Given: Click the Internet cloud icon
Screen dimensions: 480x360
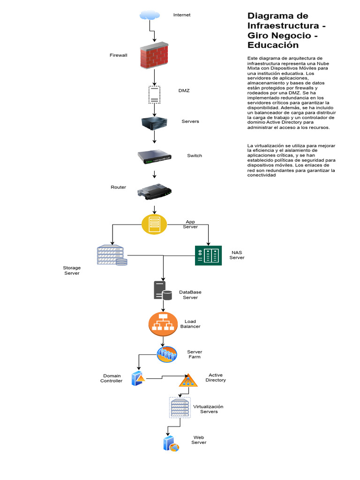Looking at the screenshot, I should (149, 15).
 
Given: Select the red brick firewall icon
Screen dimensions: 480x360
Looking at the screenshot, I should (154, 55).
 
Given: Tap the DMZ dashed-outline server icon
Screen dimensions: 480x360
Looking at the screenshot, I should (154, 95).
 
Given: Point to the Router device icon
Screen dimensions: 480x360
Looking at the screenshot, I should (155, 191).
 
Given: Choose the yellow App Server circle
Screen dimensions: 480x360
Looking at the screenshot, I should (154, 224).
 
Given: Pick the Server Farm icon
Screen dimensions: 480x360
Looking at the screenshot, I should (167, 354).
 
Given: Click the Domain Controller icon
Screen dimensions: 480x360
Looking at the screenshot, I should (138, 378).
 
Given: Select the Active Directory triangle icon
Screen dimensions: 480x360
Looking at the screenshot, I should (188, 380).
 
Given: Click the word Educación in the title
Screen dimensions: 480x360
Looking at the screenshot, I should (273, 45).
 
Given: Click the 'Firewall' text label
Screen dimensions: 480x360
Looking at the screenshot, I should (118, 55).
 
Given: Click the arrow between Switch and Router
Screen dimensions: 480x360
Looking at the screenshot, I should (155, 174).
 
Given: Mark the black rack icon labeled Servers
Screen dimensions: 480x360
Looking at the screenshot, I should (155, 123).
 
